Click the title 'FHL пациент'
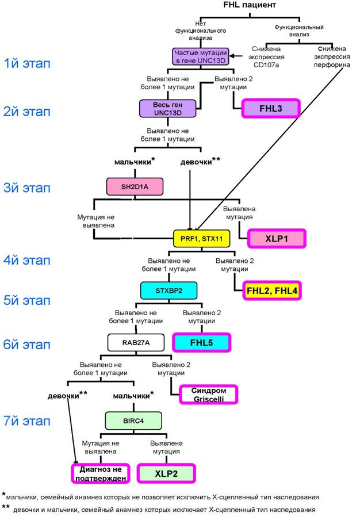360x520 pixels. click(249, 5)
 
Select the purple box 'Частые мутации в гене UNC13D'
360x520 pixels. click(201, 57)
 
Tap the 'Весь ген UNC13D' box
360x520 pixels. click(167, 109)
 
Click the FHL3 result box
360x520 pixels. click(271, 109)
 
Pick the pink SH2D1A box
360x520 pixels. click(135, 187)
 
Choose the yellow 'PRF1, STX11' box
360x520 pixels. click(201, 239)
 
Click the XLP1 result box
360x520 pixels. click(277, 239)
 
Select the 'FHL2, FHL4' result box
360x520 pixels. click(272, 291)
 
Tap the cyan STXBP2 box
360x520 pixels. click(168, 290)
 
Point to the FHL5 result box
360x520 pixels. click(201, 343)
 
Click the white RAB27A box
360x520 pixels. click(136, 343)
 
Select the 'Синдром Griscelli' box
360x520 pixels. click(209, 395)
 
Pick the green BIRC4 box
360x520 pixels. click(133, 421)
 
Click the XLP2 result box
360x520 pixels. click(166, 473)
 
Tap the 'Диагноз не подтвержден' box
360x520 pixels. click(101, 473)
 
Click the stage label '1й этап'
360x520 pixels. click(27, 63)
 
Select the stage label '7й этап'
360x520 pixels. click(27, 421)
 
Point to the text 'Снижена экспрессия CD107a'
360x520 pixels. click(266, 57)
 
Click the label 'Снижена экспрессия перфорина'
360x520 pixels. click(332, 57)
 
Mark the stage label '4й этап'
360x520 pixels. click(27, 261)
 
